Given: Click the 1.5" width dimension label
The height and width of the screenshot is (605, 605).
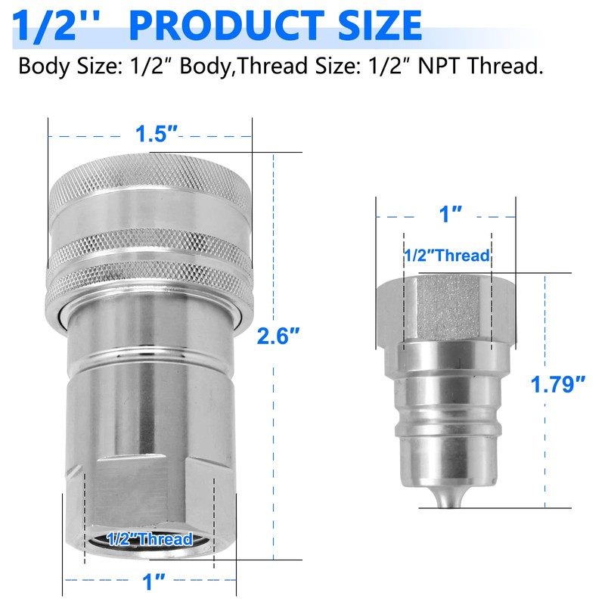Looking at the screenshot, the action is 157,134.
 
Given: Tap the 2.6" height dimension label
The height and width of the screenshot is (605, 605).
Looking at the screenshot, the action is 278,336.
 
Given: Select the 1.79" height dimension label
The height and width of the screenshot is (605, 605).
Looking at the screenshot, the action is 558,384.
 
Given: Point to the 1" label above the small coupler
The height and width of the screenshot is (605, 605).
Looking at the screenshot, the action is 451,214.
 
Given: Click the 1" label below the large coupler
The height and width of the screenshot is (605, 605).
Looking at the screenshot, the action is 154,582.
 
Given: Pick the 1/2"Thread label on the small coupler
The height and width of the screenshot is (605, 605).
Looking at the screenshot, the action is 447,256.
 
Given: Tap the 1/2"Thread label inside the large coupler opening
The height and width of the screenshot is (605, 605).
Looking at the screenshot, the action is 150,538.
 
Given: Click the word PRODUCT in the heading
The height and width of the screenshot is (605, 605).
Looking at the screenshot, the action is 226,26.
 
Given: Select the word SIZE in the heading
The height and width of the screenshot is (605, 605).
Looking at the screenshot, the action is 380,26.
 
